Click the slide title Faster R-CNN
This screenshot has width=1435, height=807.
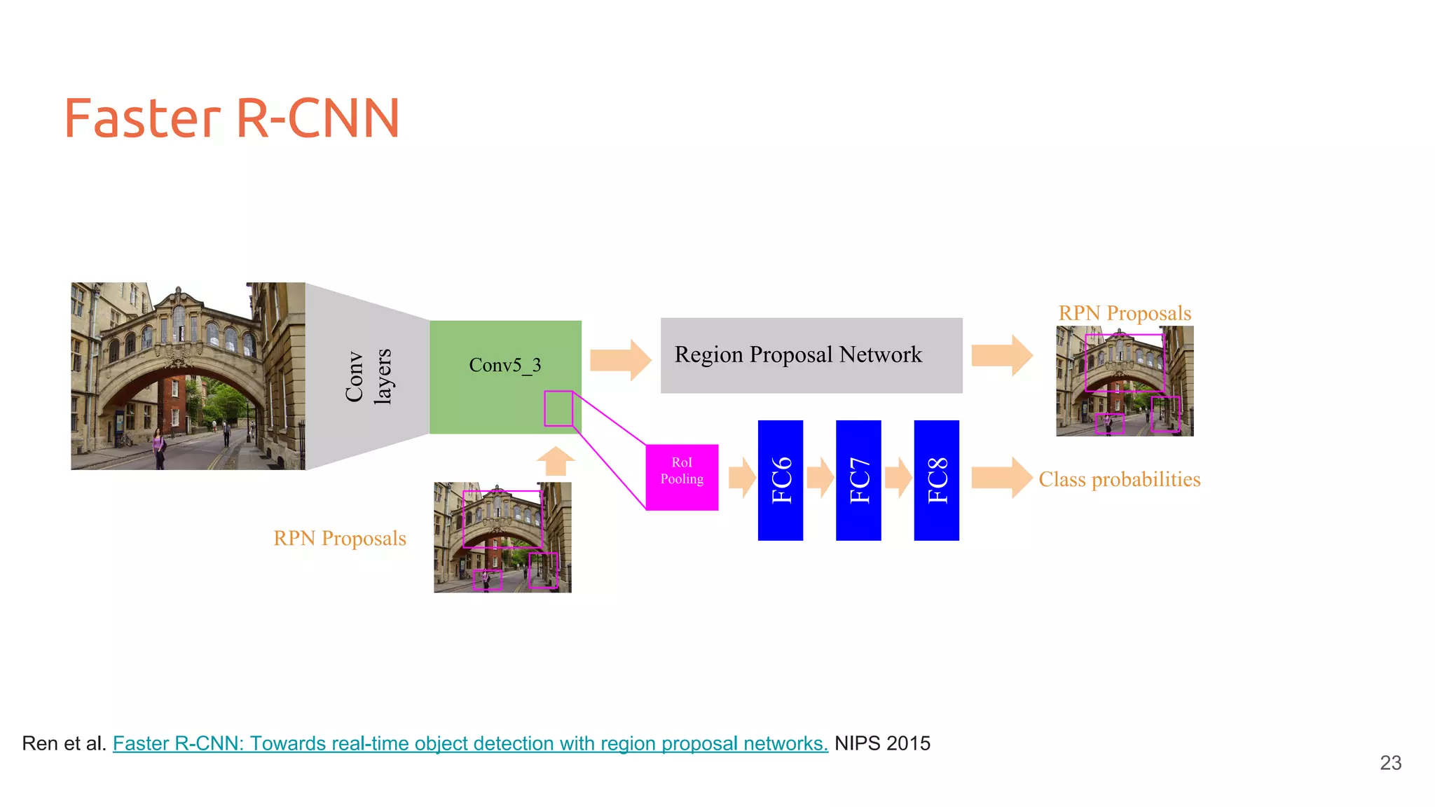coord(231,118)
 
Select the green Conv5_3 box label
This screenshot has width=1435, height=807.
coord(504,365)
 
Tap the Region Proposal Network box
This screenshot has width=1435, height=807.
coord(811,355)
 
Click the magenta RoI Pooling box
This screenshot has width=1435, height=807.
coord(682,477)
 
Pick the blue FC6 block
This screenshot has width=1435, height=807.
coord(780,481)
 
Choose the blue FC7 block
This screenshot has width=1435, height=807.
coord(858,481)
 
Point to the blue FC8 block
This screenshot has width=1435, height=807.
coord(936,481)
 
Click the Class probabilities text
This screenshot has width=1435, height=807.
coord(1119,479)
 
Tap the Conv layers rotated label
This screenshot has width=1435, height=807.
coord(369,376)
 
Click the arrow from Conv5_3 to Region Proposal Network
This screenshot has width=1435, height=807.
coord(620,360)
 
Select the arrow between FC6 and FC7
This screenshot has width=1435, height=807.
coord(820,478)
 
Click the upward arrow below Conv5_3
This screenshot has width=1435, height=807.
coord(556,462)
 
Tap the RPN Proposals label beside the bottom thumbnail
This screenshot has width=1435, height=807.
coord(340,538)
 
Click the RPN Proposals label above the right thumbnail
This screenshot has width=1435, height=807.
coord(1124,313)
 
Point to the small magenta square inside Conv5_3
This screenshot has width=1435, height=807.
coord(558,408)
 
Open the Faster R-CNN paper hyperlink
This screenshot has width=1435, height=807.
coord(469,743)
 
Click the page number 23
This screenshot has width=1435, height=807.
coord(1390,763)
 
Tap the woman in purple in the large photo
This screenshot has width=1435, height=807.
coord(159,448)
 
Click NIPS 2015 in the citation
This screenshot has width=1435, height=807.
coord(882,743)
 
